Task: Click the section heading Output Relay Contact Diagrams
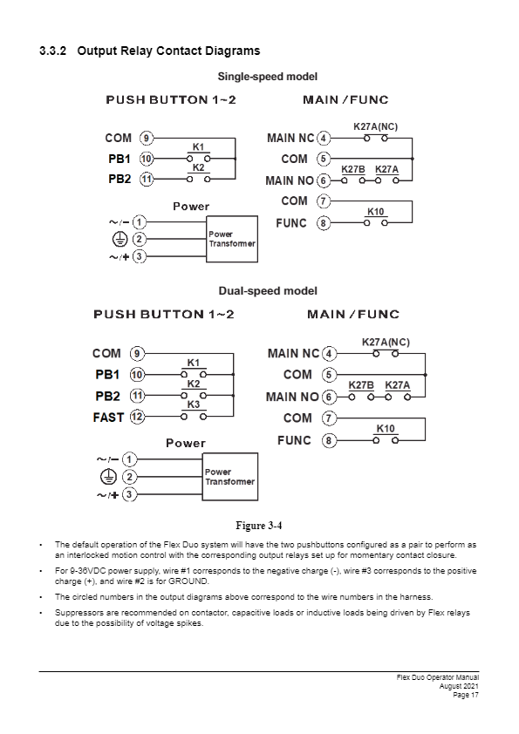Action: click(x=168, y=51)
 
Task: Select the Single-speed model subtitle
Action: click(x=268, y=77)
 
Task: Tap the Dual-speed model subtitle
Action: click(x=268, y=291)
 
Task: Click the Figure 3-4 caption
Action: click(x=259, y=526)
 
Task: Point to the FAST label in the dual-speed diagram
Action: click(x=108, y=417)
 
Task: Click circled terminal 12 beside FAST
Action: click(x=137, y=417)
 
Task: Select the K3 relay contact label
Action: click(x=194, y=404)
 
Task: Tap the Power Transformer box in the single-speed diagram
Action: click(x=232, y=239)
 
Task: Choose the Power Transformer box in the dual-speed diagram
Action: click(x=230, y=477)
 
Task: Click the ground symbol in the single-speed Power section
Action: click(x=120, y=239)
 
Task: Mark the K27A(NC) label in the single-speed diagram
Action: click(x=375, y=127)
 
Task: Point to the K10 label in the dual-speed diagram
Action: click(x=386, y=429)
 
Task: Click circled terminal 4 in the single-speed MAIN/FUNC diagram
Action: click(x=324, y=139)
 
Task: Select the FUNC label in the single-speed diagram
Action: click(x=290, y=223)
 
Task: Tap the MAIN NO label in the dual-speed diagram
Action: click(x=292, y=397)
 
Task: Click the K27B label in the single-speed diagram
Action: click(x=353, y=169)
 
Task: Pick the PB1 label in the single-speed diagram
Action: click(x=120, y=160)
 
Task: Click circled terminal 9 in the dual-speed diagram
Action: click(x=137, y=353)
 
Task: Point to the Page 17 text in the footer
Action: click(x=466, y=695)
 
